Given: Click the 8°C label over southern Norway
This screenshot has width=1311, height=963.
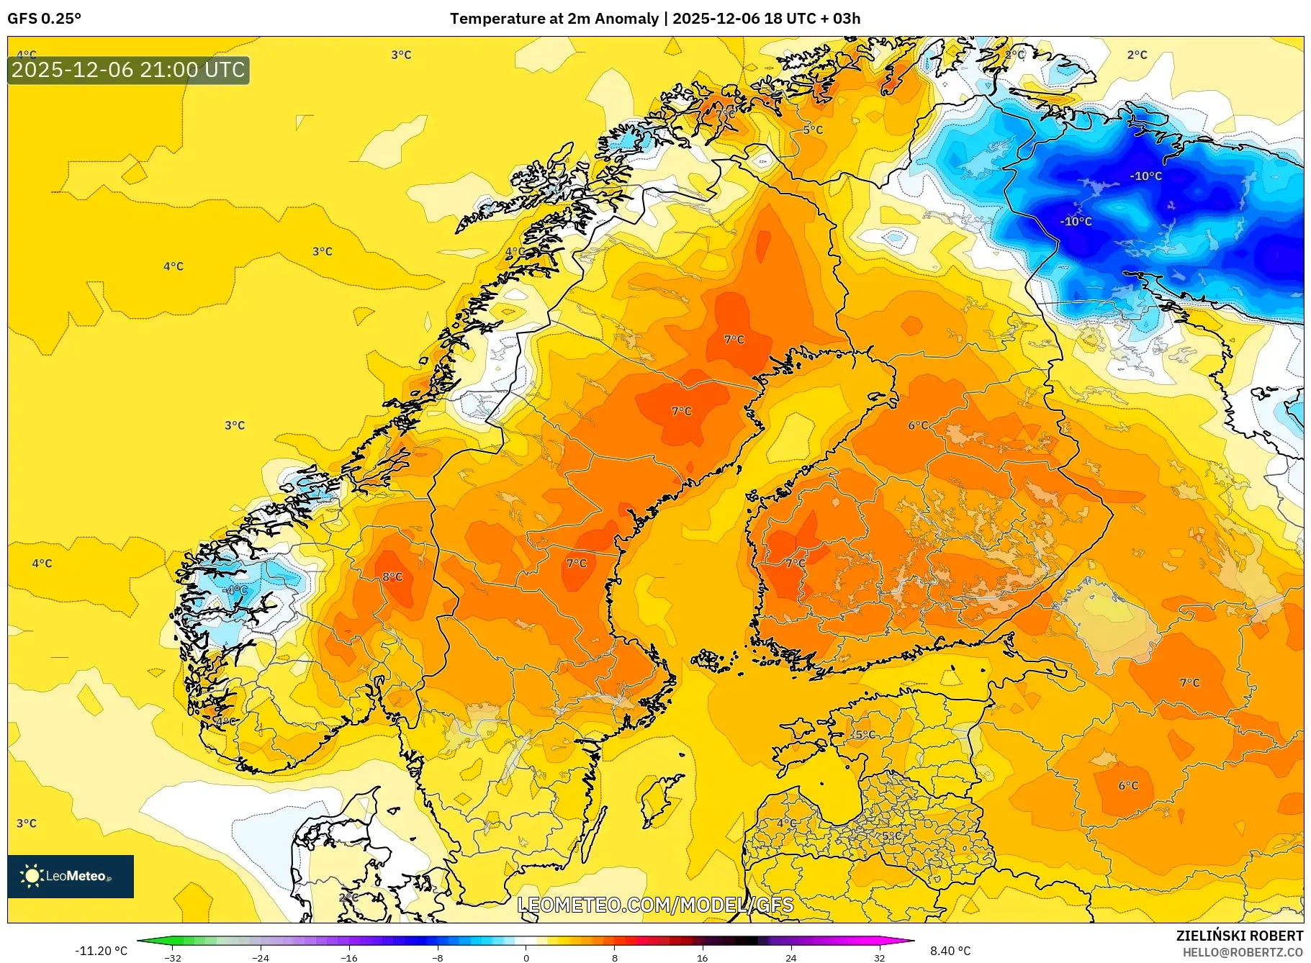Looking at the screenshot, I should (392, 577).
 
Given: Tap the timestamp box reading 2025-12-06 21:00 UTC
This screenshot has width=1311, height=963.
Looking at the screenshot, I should (129, 70).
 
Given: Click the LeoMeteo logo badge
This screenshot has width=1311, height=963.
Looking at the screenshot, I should (71, 876).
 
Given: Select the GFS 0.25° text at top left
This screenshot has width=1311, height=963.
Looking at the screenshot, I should (44, 19).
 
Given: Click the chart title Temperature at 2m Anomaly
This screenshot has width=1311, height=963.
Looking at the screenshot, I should (554, 19).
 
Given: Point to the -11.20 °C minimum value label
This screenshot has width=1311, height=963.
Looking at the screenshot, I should (101, 951).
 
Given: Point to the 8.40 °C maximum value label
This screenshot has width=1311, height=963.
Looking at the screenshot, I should (950, 951).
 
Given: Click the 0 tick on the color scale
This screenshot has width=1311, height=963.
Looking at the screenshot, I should (526, 957).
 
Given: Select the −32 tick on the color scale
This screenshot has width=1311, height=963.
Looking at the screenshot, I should (172, 957).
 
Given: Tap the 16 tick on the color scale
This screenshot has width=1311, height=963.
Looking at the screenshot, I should (703, 957).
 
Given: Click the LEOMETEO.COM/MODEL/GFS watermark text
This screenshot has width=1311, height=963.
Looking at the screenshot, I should (655, 905).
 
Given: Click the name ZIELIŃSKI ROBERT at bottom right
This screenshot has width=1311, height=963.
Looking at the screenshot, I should (1239, 936).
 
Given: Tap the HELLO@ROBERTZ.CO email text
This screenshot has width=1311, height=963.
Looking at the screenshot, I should (1242, 952).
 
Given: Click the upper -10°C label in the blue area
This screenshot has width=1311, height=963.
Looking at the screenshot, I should (1145, 176).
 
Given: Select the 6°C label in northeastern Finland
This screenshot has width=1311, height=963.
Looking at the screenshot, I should (918, 425).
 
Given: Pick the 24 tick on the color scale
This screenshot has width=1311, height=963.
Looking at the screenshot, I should (790, 957).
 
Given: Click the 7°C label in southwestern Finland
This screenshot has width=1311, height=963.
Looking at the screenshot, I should (796, 563).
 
